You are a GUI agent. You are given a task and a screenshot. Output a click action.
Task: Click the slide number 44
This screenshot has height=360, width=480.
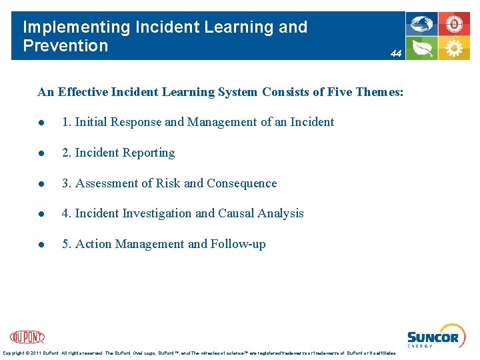coord(396,54)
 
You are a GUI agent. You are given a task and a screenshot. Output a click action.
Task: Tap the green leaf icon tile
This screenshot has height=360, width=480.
coord(422,48)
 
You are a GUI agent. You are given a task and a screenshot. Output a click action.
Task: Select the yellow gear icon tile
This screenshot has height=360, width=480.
coord(454,48)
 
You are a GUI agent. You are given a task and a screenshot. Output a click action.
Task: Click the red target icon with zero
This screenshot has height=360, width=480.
coord(454,24)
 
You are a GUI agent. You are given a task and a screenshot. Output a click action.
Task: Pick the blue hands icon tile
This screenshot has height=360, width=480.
coord(422,24)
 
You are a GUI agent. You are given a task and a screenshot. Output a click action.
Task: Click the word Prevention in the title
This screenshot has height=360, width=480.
coord(65,46)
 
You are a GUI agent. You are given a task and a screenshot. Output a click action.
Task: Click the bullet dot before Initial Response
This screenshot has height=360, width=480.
coord(41,123)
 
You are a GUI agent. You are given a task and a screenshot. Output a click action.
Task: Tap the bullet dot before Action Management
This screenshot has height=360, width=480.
coord(41,245)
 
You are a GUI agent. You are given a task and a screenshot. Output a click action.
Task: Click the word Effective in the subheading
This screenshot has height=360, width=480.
coord(86,92)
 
